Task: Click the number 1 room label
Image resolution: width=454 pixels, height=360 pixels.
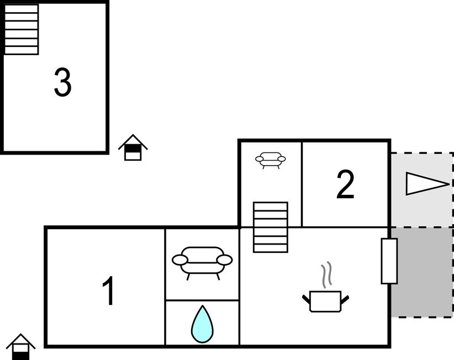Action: tap(109, 290)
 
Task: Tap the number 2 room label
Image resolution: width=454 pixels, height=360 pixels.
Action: tap(345, 184)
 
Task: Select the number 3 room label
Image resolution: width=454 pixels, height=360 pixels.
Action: tap(62, 82)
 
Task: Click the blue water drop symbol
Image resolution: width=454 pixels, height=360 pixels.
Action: tap(202, 324)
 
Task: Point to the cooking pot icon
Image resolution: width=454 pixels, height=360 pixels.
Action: tap(325, 301)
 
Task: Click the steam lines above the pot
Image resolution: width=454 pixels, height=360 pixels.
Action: tap(326, 275)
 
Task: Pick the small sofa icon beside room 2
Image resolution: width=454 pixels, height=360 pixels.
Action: tap(271, 160)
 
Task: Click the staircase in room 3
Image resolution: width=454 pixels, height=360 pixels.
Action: tap(22, 29)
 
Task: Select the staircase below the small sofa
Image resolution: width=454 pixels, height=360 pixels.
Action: tap(271, 227)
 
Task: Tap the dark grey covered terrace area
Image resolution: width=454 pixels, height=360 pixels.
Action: tap(422, 272)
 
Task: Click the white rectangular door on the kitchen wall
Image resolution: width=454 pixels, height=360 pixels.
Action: tap(389, 261)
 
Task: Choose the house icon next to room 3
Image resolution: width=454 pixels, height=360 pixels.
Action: tap(133, 147)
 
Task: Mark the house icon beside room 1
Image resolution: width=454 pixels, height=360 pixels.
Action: tap(20, 347)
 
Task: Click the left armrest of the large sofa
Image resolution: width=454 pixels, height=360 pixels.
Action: tap(180, 260)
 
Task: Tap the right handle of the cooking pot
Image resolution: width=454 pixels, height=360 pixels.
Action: tap(345, 300)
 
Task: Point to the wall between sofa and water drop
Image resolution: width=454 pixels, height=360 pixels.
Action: tap(202, 300)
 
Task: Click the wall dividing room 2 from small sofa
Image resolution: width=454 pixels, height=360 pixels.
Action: tap(302, 184)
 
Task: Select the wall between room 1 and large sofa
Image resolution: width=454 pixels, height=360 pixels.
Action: tap(165, 287)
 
